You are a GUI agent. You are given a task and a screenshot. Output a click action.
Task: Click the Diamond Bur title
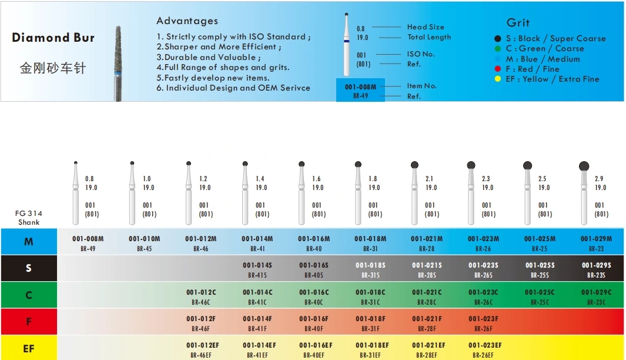[x=53, y=38]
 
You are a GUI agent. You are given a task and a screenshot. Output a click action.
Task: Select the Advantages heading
[x=187, y=21]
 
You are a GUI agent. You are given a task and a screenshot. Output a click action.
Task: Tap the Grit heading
[x=518, y=22]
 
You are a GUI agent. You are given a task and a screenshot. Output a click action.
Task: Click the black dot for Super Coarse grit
[x=498, y=38]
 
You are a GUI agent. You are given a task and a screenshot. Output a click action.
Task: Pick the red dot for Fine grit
[x=498, y=69]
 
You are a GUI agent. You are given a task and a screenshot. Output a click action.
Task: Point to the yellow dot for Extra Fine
[x=498, y=79]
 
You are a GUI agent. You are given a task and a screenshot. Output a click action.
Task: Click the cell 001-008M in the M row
[x=88, y=239]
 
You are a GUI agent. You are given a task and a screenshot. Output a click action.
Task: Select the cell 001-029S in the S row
[x=596, y=265]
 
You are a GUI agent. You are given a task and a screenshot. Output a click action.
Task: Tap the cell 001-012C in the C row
[x=201, y=292]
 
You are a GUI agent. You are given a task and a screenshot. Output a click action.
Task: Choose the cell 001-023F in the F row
[x=483, y=319]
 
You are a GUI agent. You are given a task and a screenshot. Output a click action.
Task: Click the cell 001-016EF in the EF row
[x=316, y=345]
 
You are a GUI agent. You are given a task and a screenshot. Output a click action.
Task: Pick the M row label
[x=29, y=242]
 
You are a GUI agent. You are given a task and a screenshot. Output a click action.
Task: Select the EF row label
[x=29, y=348]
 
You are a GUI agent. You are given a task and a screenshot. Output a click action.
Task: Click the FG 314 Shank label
[x=29, y=218]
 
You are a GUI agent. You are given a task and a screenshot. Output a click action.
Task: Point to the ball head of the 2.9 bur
[x=584, y=166]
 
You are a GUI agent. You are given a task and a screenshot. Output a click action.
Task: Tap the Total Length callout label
[x=429, y=37]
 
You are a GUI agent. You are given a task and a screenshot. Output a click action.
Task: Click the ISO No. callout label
[x=421, y=54]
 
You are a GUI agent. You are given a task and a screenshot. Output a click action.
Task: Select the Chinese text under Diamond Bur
[x=53, y=68]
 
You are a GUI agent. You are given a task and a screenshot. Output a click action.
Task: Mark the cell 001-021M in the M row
[x=427, y=239]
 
